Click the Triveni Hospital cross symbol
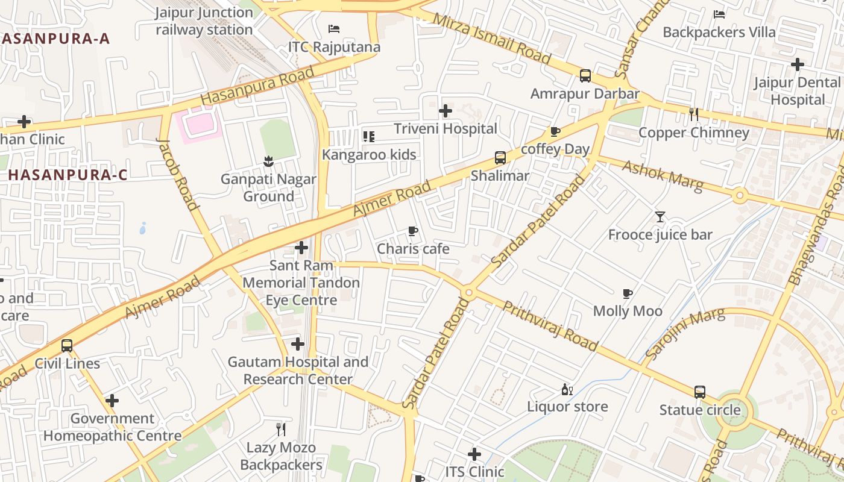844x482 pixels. [446, 111]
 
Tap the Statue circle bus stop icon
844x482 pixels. [699, 392]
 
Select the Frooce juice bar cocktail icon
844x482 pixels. [660, 216]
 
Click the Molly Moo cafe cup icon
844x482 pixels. [628, 293]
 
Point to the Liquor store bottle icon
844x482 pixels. [567, 389]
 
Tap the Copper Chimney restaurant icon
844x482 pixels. [694, 114]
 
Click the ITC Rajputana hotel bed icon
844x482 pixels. [334, 28]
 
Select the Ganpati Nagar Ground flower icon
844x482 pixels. [268, 161]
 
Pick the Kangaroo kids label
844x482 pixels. [369, 155]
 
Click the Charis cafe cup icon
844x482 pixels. [413, 231]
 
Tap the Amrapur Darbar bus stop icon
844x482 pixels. [585, 76]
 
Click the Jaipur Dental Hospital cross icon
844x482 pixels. [798, 64]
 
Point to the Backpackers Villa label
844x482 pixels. [719, 32]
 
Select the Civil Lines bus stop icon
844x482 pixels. [67, 346]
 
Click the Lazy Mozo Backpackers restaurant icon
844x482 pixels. [280, 430]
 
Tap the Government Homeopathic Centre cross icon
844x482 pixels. [112, 401]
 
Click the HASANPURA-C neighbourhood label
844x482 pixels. [68, 175]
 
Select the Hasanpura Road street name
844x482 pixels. [257, 85]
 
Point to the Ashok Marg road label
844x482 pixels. [663, 176]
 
